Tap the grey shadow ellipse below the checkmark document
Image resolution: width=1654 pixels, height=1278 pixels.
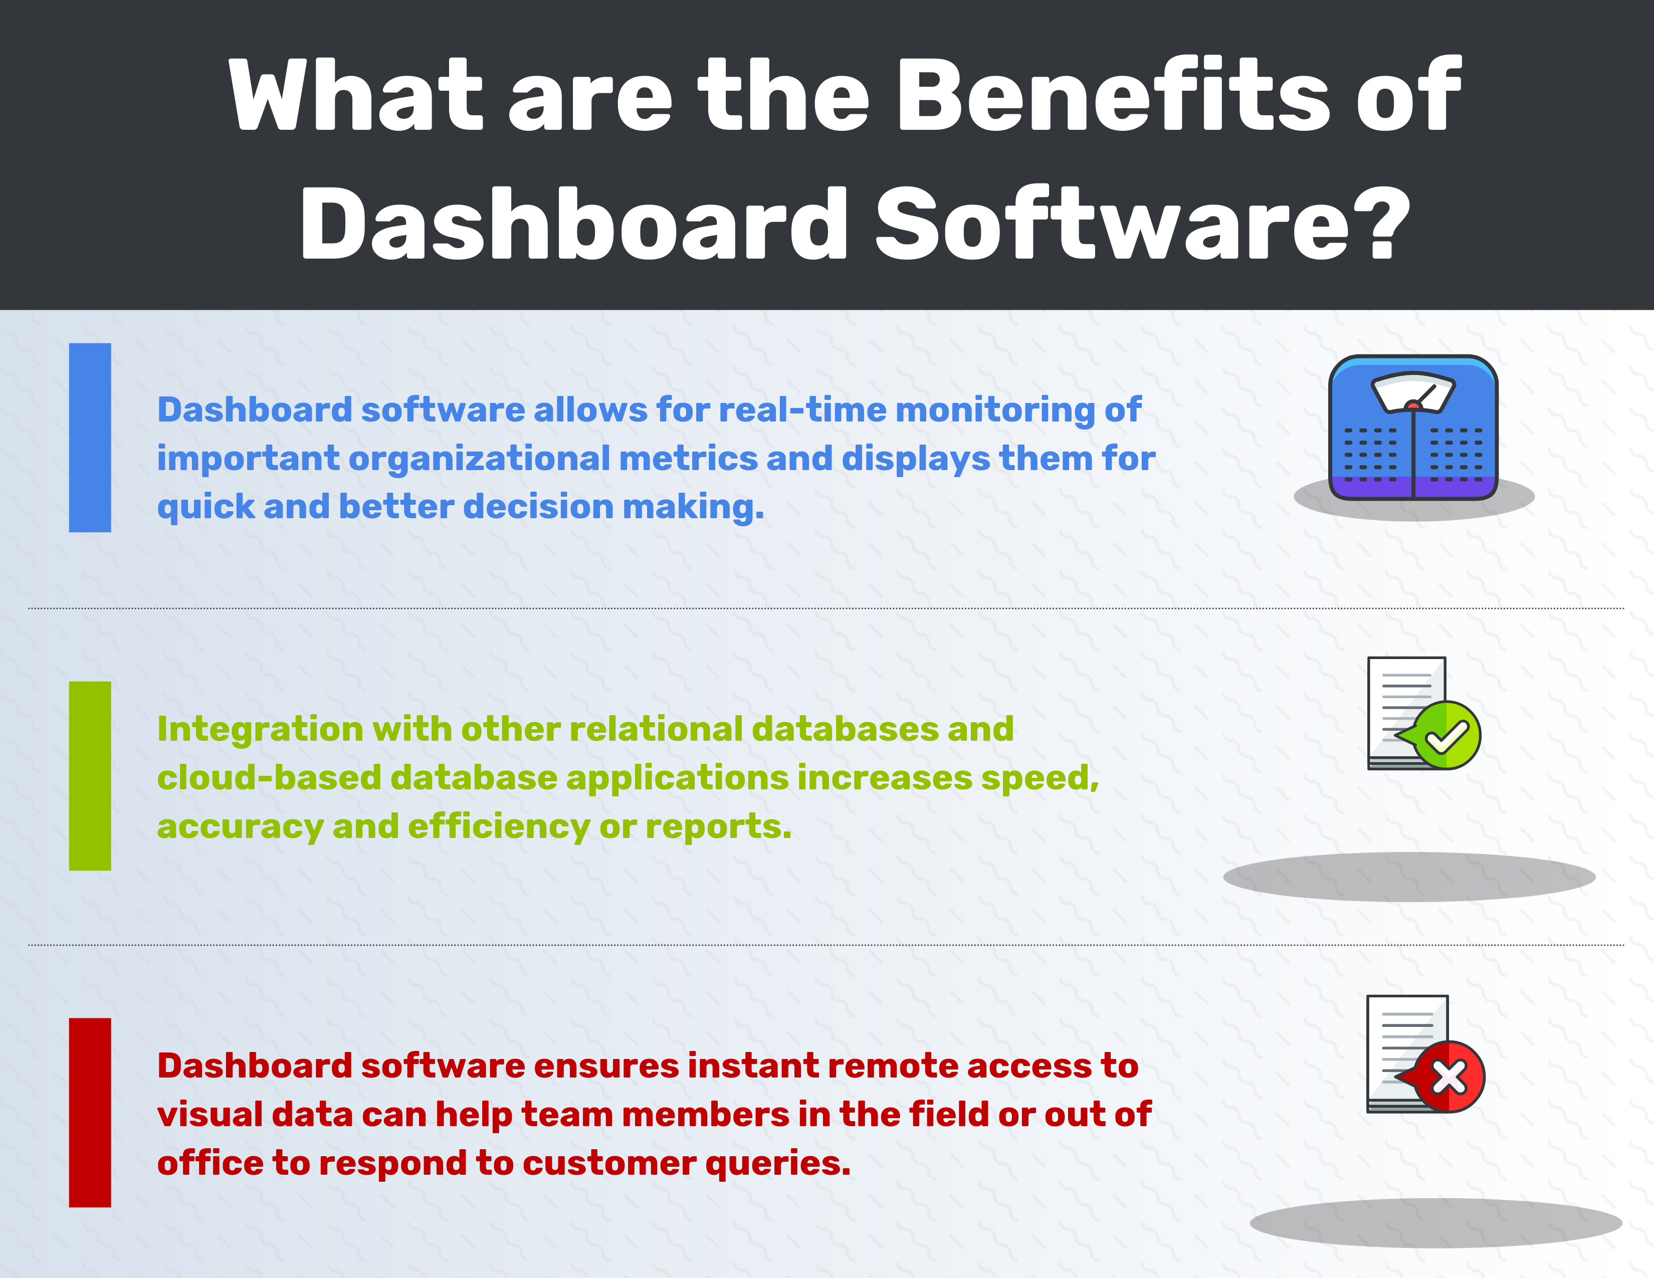1408,877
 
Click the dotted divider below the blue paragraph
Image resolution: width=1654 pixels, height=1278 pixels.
825,608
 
